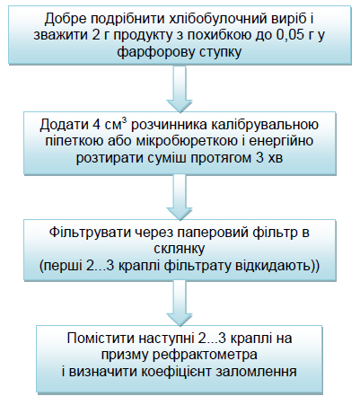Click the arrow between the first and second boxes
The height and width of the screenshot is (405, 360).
[180, 89]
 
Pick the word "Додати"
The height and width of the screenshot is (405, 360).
[65, 125]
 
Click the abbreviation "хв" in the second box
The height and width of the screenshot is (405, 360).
[275, 158]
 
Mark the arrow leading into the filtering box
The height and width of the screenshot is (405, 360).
[180, 197]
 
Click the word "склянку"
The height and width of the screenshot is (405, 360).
[180, 249]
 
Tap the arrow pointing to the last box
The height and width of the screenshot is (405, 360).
[180, 303]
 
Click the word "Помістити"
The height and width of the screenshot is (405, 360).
[101, 339]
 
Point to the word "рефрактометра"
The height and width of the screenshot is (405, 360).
[205, 356]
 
